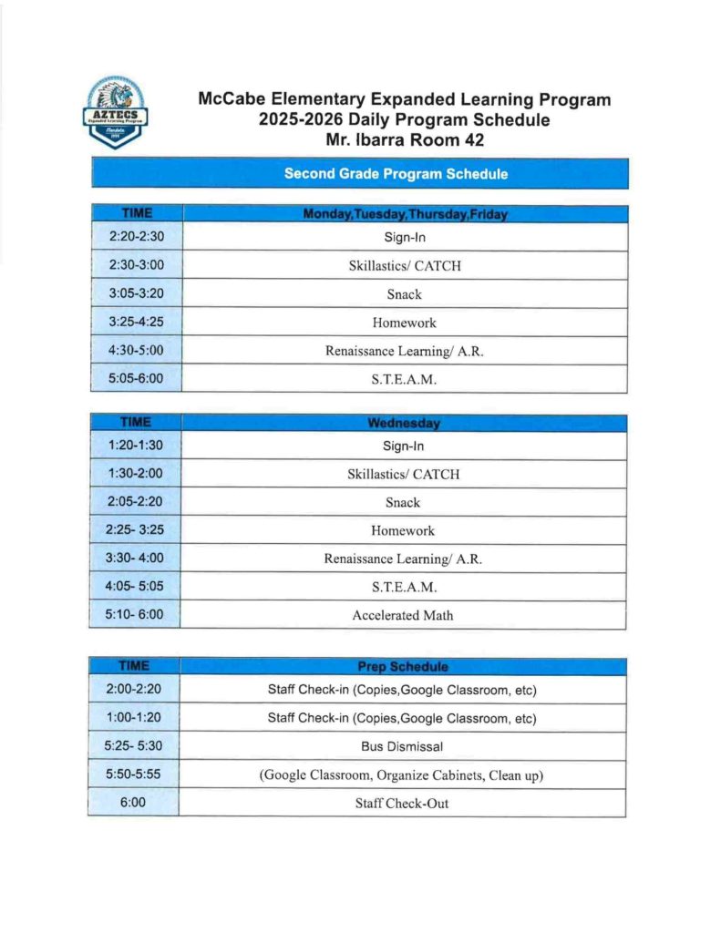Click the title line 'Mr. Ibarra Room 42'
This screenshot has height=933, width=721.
404,140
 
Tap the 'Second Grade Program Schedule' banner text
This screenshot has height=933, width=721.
396,173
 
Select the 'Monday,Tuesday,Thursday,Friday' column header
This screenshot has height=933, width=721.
405,213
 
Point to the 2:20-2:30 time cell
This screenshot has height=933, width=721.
136,238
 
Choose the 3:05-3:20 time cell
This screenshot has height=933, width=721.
136,294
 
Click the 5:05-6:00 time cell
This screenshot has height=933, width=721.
136,379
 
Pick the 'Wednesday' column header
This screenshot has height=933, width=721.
403,424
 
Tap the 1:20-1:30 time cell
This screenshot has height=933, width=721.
136,446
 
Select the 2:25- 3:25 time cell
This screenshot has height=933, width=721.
136,530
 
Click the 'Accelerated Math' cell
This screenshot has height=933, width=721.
403,615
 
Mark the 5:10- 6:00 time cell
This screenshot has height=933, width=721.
136,614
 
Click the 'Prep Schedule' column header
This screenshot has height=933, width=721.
403,667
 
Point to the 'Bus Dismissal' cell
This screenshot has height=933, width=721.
403,746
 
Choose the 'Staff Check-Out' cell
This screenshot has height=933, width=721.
403,803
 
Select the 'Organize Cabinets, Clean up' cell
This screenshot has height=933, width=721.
403,774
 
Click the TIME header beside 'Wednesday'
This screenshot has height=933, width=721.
136,423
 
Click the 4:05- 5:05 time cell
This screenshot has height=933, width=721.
136,586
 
